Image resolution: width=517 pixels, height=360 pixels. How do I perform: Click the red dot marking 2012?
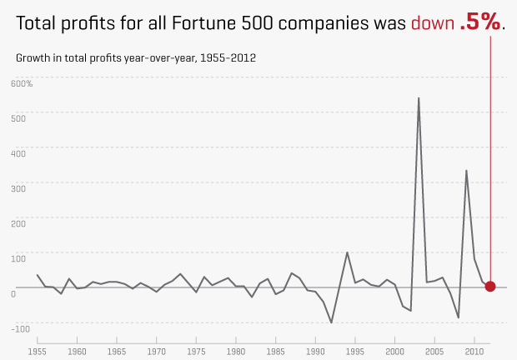pyautogui.click(x=490, y=287)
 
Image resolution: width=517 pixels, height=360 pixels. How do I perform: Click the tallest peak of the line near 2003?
pyautogui.click(x=419, y=98)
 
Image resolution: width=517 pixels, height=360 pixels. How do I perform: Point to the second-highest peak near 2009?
pyautogui.click(x=466, y=171)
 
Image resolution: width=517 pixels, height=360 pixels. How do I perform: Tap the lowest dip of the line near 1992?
pyautogui.click(x=331, y=322)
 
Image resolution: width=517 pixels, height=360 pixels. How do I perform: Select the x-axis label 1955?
pyautogui.click(x=37, y=351)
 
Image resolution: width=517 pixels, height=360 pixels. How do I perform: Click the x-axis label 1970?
pyautogui.click(x=156, y=351)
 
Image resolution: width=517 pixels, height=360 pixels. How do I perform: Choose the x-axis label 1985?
pyautogui.click(x=275, y=351)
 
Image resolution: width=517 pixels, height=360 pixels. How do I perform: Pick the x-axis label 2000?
pyautogui.click(x=394, y=351)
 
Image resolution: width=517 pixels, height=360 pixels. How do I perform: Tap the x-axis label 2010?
pyautogui.click(x=474, y=351)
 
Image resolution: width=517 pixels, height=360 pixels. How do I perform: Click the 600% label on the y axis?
pyautogui.click(x=22, y=84)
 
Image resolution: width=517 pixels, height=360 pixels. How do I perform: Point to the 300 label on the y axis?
pyautogui.click(x=18, y=189)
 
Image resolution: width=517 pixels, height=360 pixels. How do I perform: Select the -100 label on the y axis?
pyautogui.click(x=20, y=329)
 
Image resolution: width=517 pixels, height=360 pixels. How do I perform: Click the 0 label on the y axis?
pyautogui.click(x=13, y=294)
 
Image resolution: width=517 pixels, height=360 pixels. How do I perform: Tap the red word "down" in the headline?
pyautogui.click(x=432, y=23)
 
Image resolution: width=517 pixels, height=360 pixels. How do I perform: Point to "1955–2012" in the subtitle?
pyautogui.click(x=226, y=58)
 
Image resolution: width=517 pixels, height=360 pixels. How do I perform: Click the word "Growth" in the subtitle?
pyautogui.click(x=33, y=58)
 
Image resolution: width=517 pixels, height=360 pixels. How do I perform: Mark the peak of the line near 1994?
pyautogui.click(x=347, y=252)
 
